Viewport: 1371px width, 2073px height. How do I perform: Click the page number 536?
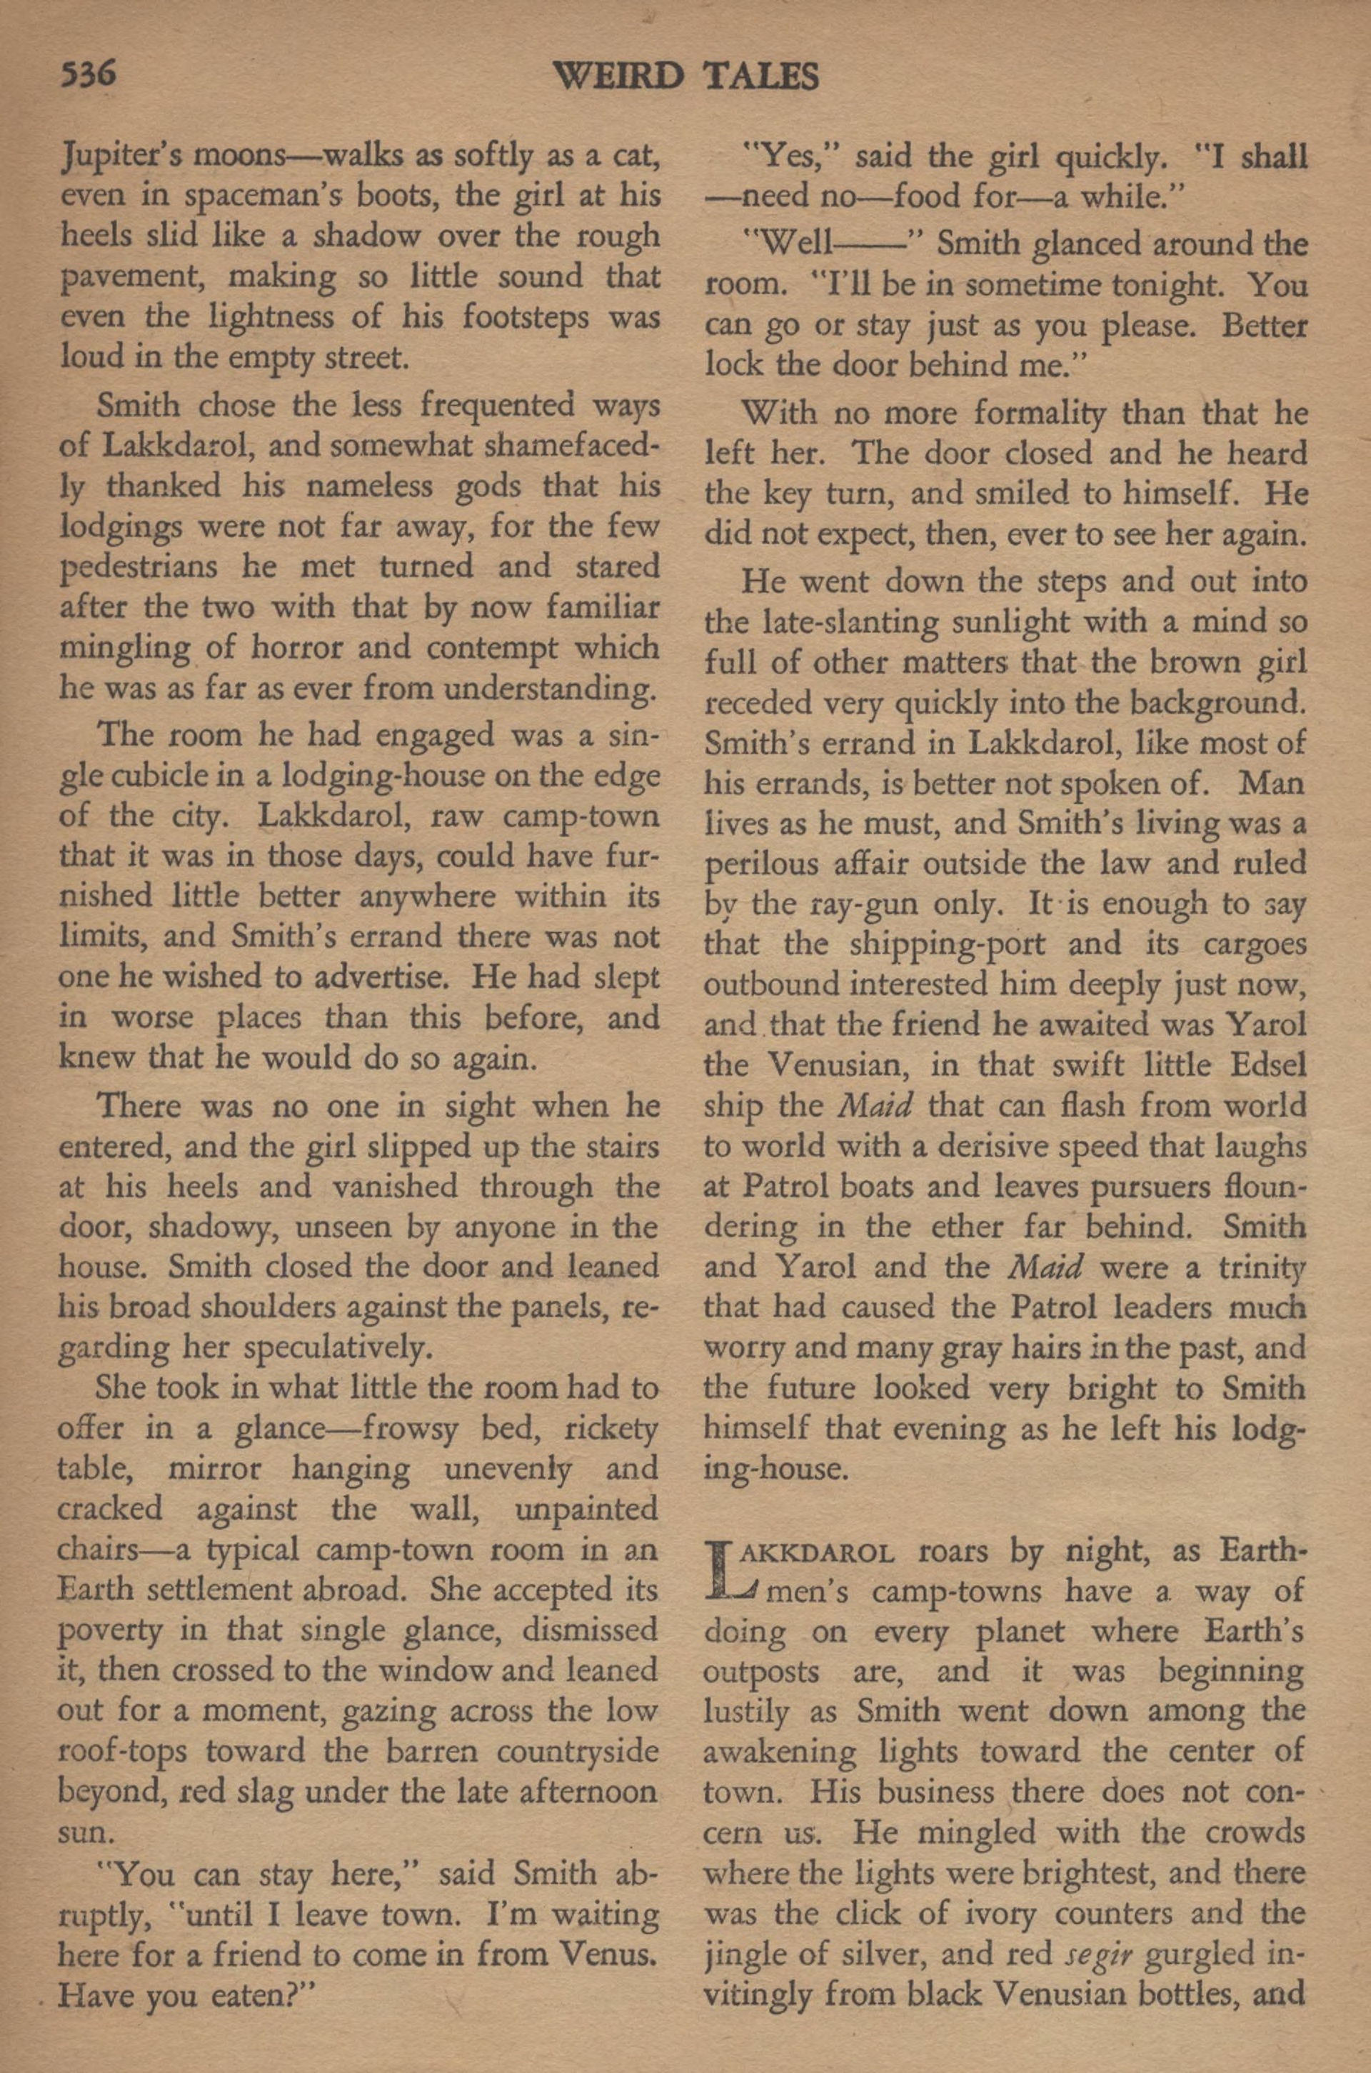pos(89,74)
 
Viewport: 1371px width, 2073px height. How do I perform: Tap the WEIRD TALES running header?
pos(685,77)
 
